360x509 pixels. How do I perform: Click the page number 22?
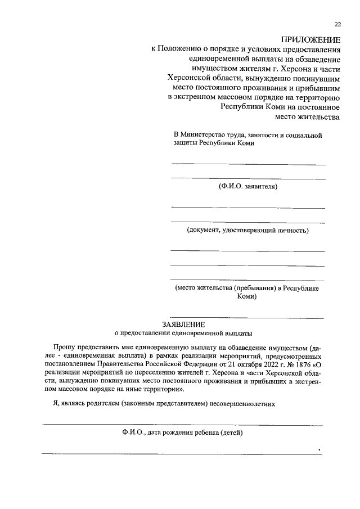tap(337, 24)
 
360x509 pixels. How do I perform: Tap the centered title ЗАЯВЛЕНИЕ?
tap(183, 325)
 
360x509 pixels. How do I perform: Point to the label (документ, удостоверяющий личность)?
tap(247, 230)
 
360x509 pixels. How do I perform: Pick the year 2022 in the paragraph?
tap(267, 364)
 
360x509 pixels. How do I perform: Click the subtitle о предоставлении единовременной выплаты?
tap(183, 333)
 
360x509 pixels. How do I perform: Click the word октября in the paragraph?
tap(244, 364)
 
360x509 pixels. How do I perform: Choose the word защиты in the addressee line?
tap(186, 143)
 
